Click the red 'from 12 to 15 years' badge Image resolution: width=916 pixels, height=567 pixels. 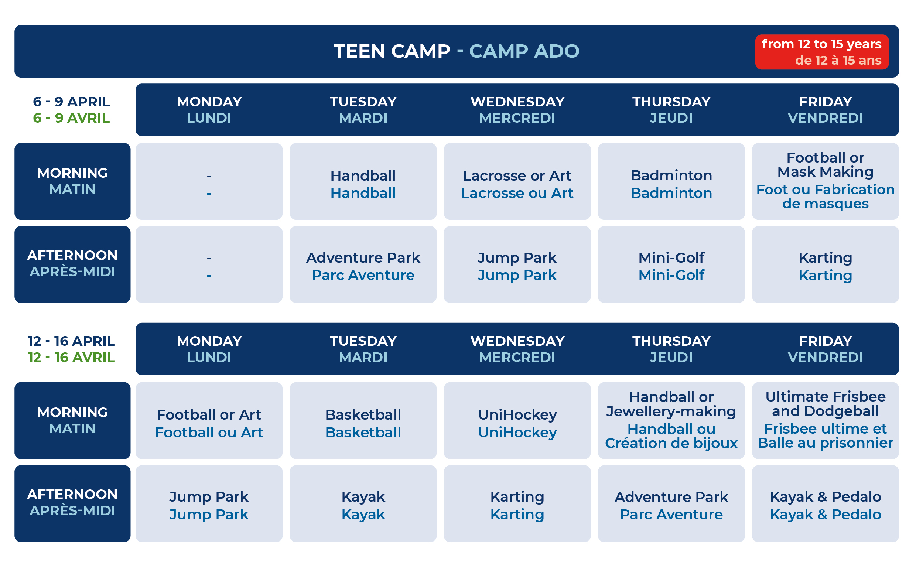pyautogui.click(x=821, y=52)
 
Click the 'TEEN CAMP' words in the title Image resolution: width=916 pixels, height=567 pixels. pyautogui.click(x=392, y=51)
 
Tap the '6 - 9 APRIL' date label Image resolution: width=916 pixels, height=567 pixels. pyautogui.click(x=72, y=102)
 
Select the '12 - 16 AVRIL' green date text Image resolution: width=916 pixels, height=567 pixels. pyautogui.click(x=72, y=357)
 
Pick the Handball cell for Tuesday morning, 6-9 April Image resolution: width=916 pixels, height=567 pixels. pyautogui.click(x=363, y=181)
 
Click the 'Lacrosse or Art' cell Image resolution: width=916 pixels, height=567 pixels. pyautogui.click(x=517, y=181)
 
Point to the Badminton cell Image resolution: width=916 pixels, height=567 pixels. pyautogui.click(x=671, y=181)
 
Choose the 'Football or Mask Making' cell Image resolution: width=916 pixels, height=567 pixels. pyautogui.click(x=825, y=181)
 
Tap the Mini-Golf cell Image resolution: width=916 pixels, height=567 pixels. pyautogui.click(x=671, y=264)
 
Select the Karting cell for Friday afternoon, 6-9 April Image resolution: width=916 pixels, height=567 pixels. pyautogui.click(x=825, y=264)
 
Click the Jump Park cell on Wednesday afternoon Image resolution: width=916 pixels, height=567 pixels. pyautogui.click(x=517, y=264)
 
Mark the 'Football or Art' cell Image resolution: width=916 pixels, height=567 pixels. pyautogui.click(x=209, y=420)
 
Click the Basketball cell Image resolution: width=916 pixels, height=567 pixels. pyautogui.click(x=363, y=420)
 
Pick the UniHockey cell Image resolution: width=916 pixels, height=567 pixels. pyautogui.click(x=517, y=420)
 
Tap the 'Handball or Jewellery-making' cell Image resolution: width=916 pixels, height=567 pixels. pyautogui.click(x=671, y=420)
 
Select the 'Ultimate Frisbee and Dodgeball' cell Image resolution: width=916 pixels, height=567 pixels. pyautogui.click(x=825, y=420)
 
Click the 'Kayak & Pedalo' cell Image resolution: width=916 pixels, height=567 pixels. pyautogui.click(x=825, y=503)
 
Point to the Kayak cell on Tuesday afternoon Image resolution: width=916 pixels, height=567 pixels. pyautogui.click(x=363, y=503)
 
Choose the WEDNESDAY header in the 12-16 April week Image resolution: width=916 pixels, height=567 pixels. pyautogui.click(x=517, y=341)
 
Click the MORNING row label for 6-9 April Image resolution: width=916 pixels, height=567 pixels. pyautogui.click(x=72, y=181)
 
